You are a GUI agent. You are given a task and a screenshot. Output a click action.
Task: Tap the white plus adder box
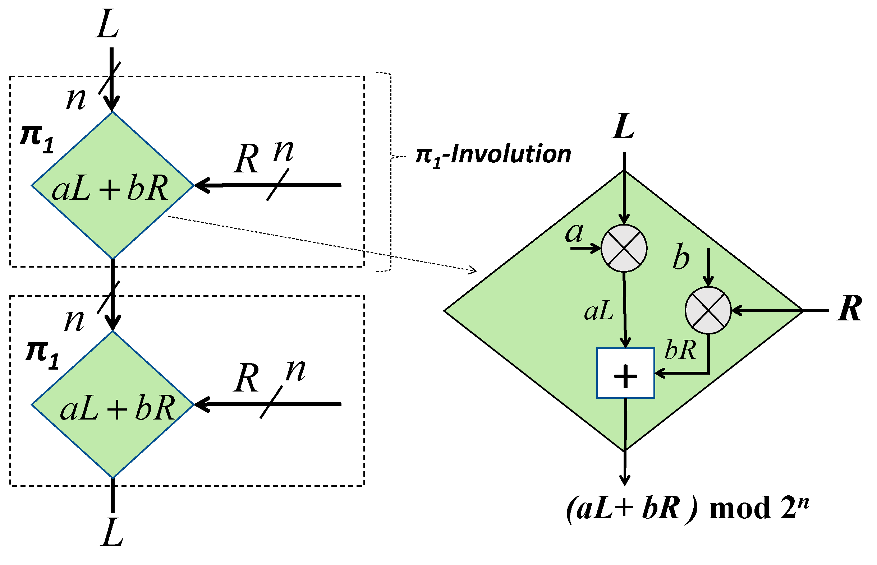625,373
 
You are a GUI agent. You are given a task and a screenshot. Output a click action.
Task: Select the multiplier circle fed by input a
624,249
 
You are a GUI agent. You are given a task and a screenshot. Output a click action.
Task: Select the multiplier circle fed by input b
708,310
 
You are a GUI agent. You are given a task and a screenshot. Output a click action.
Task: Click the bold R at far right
849,309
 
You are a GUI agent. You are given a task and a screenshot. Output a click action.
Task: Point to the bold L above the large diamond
623,126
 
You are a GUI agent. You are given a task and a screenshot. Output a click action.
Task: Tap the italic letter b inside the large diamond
681,256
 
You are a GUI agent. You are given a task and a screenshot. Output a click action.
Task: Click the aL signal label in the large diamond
598,311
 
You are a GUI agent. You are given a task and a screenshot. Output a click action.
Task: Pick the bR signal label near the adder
680,350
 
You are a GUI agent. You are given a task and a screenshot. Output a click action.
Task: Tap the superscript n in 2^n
803,502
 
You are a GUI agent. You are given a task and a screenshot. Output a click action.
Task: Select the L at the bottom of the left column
112,533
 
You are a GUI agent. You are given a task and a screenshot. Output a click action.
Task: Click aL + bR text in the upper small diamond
110,188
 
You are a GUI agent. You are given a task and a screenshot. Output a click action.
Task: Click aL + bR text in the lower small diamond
118,408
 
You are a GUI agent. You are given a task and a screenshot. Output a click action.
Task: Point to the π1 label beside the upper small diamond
37,139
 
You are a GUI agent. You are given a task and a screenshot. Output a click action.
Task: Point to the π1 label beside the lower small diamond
42,355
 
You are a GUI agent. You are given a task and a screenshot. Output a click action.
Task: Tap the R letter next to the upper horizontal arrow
246,159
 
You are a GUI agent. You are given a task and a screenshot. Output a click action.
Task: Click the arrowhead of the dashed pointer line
474,271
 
